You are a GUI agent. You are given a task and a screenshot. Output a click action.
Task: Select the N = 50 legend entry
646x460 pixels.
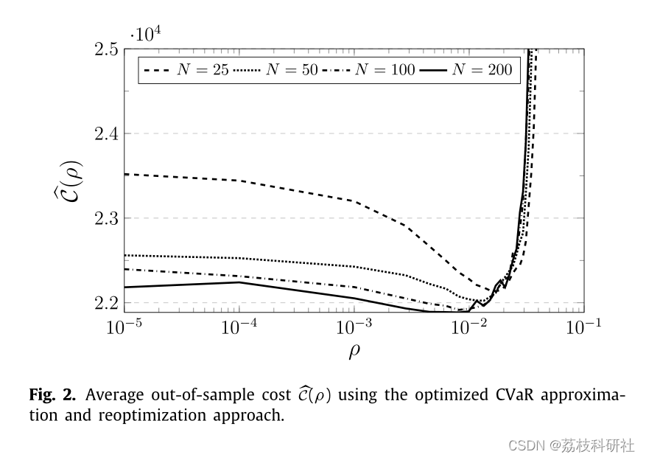pos(278,71)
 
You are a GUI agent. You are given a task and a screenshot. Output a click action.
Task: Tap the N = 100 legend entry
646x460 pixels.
pos(369,71)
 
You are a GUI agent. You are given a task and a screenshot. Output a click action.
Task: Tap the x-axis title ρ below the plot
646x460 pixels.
pos(354,351)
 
